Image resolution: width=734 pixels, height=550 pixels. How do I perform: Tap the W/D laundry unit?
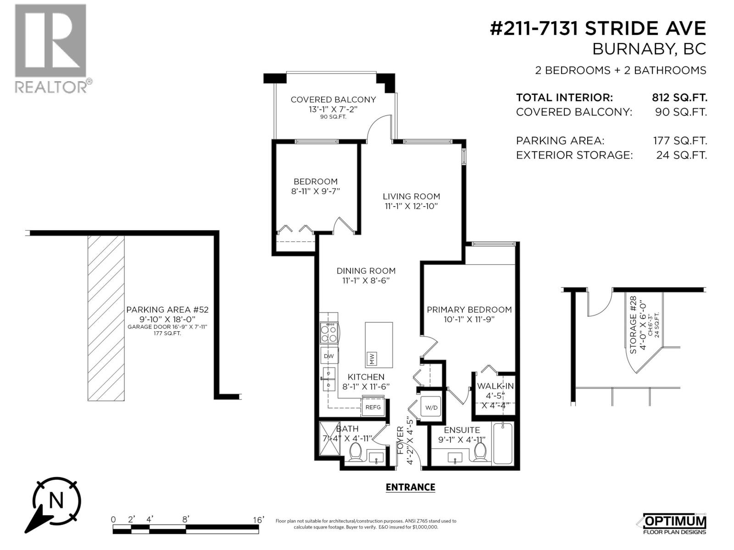[x=431, y=407]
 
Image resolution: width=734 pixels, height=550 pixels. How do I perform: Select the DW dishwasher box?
[x=329, y=356]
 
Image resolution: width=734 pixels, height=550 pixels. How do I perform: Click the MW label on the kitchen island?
[x=372, y=359]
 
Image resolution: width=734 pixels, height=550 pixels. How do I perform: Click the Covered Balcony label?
[x=333, y=99]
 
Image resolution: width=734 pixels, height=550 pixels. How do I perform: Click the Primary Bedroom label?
[x=469, y=310]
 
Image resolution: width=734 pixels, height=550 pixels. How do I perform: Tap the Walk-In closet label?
[x=495, y=386]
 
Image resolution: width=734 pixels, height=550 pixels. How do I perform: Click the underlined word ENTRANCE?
[x=410, y=487]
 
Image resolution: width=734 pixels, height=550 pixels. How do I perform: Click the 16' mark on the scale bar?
[x=258, y=520]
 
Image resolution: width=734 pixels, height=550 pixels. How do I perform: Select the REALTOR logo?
[x=50, y=48]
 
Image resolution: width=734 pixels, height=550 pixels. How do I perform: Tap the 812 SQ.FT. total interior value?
[x=679, y=98]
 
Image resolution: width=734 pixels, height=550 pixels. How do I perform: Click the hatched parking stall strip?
[x=106, y=318]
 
